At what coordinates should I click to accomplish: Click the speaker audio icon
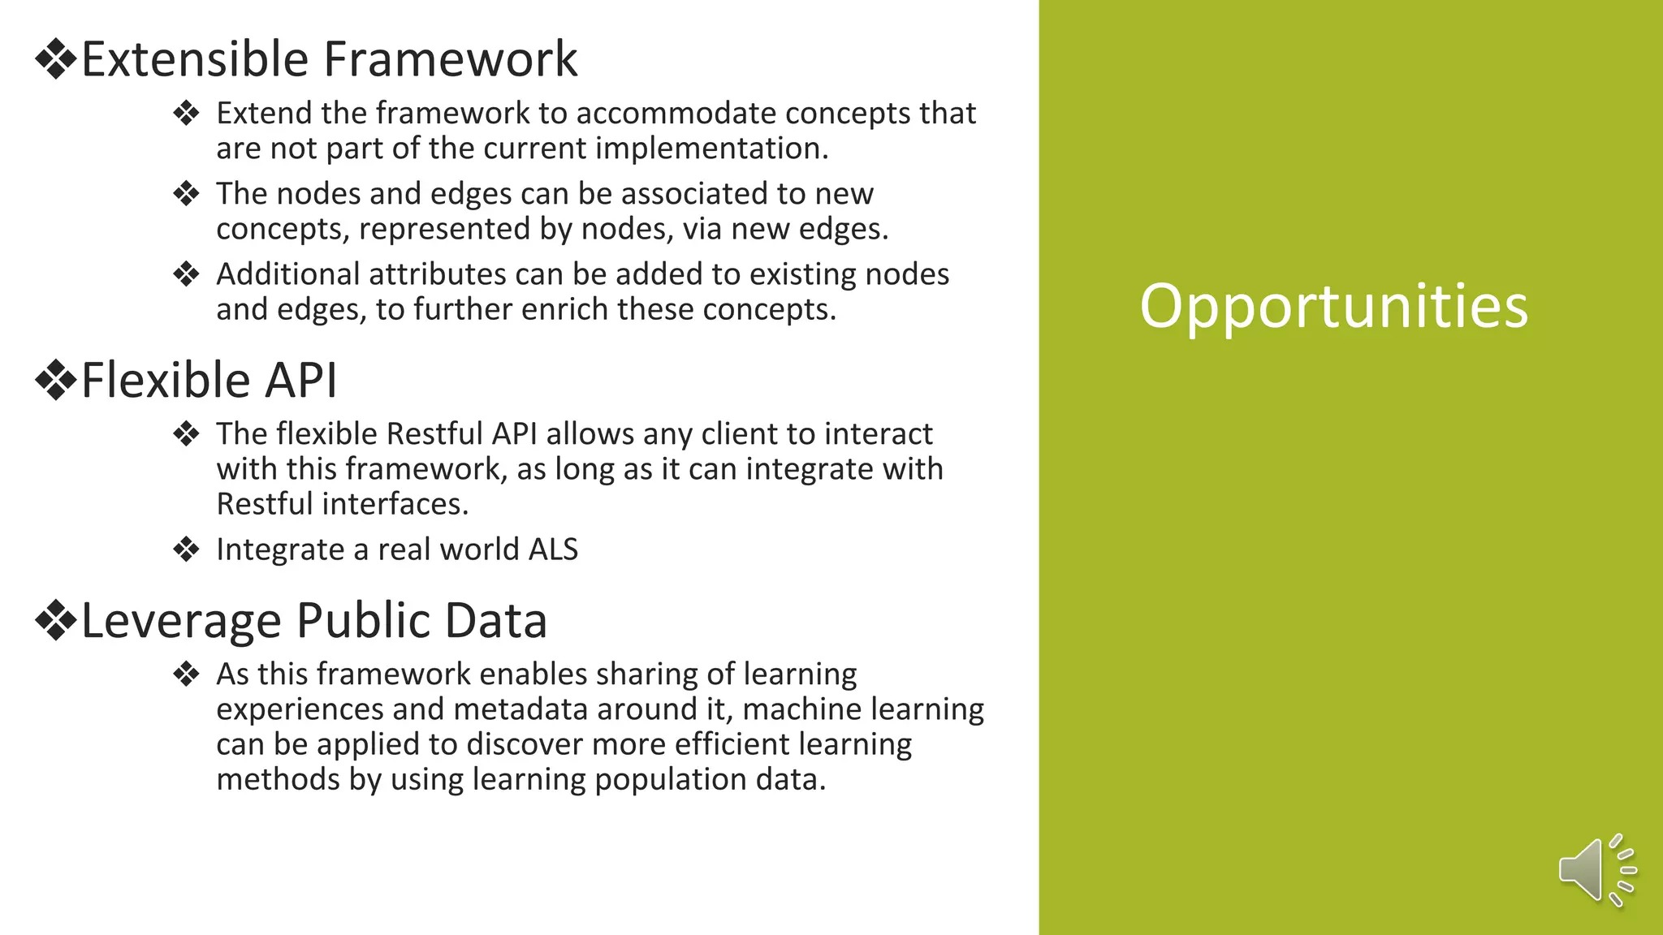coord(1596,870)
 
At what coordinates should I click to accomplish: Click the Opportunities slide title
coord(1333,306)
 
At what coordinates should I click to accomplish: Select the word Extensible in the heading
coord(196,59)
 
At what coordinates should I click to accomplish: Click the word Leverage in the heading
coord(181,621)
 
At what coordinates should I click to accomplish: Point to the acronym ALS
coord(553,549)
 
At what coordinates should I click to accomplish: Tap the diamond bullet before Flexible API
coord(55,381)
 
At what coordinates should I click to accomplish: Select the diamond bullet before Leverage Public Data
coord(55,621)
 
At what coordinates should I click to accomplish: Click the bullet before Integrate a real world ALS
coord(186,549)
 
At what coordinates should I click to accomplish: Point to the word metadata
coord(520,709)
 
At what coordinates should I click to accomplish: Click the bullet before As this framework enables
coord(186,674)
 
